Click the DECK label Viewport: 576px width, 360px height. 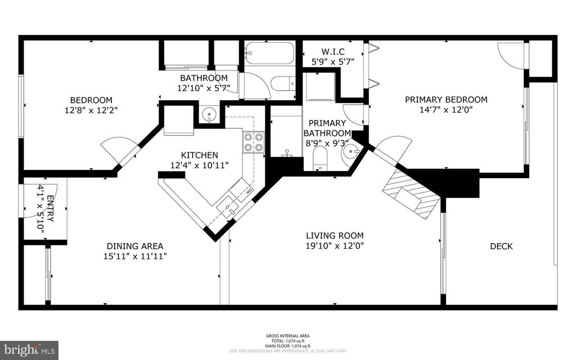pos(501,246)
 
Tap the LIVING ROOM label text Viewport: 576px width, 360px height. pos(335,236)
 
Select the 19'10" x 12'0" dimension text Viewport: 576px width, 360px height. pos(335,246)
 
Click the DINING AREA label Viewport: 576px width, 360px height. pos(135,246)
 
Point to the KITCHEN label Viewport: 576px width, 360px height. pos(199,155)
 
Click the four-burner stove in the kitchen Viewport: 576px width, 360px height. pos(253,142)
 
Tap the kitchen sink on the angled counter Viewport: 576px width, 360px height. pos(228,208)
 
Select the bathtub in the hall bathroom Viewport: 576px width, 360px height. pos(269,55)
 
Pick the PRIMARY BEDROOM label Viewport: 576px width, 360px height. pos(446,100)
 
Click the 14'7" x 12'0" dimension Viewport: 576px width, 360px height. pos(446,110)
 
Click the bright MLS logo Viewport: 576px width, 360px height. pos(30,350)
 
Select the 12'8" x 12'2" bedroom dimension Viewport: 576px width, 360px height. pos(91,110)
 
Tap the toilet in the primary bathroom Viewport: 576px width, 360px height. pos(320,158)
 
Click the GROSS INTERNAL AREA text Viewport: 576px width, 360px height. pos(287,336)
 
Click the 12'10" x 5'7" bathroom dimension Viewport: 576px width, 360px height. pos(204,88)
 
